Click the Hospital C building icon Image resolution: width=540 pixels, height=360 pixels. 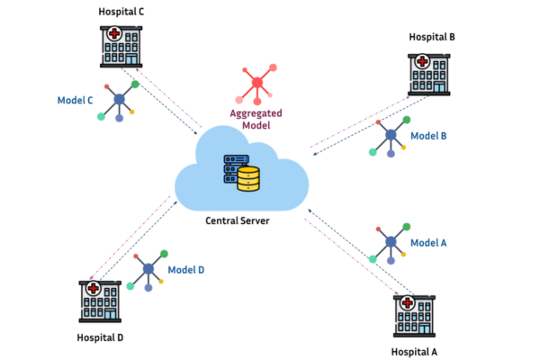[x=121, y=45]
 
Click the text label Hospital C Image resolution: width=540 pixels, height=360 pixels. [x=121, y=12]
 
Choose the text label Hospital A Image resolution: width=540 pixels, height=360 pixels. [x=415, y=351]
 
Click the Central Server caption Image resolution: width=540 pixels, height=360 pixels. [x=243, y=219]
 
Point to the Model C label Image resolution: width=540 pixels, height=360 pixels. [x=76, y=101]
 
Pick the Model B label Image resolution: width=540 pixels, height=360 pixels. [x=429, y=135]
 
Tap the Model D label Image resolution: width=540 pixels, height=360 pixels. [x=186, y=269]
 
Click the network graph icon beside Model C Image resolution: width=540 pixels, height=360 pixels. [x=119, y=100]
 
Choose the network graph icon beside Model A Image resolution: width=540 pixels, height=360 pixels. [x=391, y=241]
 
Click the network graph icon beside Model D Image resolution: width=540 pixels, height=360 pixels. [x=146, y=271]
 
